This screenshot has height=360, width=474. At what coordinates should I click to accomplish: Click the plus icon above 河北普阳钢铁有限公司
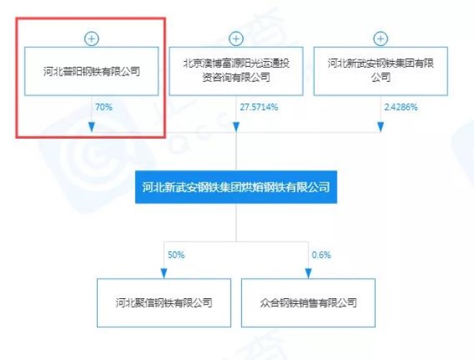pos(92,39)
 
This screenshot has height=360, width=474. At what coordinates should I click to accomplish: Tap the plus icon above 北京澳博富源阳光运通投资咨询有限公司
pos(236,39)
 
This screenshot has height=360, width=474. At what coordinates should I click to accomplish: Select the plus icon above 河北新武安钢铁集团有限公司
pos(381,39)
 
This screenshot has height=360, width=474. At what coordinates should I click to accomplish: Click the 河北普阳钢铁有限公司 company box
pos(92,71)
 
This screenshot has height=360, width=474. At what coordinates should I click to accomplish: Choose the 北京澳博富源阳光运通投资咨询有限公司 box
pos(236,71)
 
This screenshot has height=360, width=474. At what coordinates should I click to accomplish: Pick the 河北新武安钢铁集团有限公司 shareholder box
pos(381,71)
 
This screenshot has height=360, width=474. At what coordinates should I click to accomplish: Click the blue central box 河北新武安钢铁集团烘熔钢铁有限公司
pos(236,187)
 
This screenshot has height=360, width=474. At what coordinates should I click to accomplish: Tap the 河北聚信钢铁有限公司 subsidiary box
pos(164,303)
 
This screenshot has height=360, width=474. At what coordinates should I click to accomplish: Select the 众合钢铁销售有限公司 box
pos(308,303)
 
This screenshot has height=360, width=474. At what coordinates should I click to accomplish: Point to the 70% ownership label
pos(103,107)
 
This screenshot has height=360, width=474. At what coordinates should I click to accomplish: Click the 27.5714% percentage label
pos(259,107)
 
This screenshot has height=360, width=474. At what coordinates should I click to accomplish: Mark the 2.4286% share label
pos(401,107)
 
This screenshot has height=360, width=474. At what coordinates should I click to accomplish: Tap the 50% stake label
pos(176,255)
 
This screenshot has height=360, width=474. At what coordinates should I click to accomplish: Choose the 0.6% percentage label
pos(321,255)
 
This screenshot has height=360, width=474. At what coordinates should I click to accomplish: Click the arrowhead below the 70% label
pos(92,127)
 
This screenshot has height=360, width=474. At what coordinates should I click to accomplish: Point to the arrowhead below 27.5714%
pos(236,127)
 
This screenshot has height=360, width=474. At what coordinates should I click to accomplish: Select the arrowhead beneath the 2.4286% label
pos(381,127)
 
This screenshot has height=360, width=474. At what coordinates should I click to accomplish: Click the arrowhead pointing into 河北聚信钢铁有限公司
pos(164,274)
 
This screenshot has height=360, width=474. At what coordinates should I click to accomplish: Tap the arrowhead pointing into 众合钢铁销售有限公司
pos(308,274)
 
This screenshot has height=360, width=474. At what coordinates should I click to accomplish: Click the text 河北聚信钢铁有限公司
pos(164,303)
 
